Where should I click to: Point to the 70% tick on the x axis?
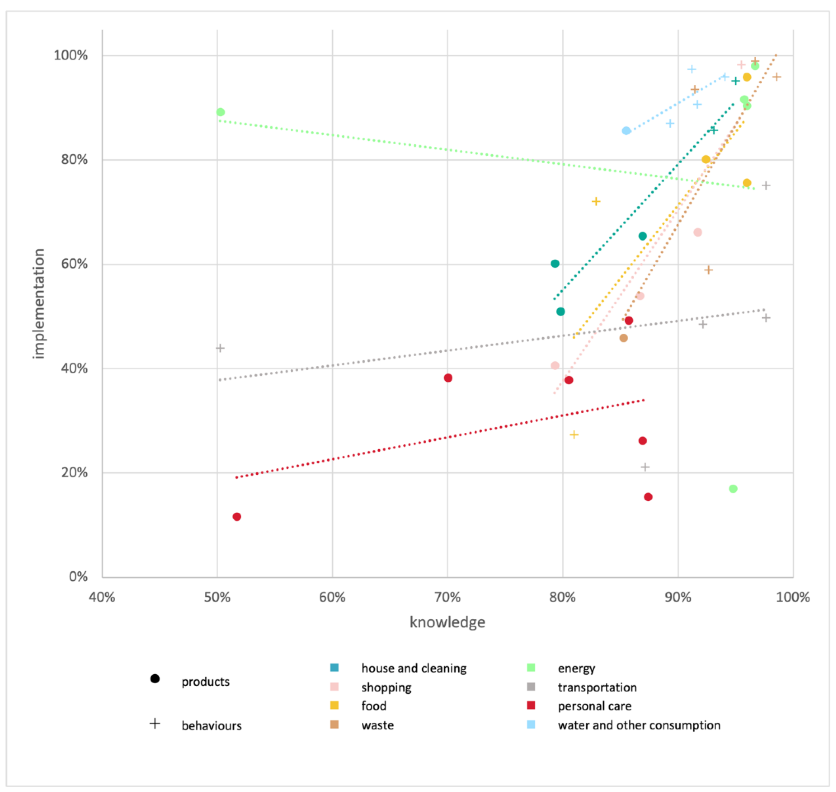click(447, 597)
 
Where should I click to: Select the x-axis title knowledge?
click(447, 622)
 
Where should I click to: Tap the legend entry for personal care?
click(594, 706)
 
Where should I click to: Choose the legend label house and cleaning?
click(414, 668)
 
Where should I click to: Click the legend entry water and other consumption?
click(639, 725)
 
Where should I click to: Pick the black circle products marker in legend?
click(155, 679)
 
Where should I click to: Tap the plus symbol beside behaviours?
click(155, 723)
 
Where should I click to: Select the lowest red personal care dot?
click(237, 517)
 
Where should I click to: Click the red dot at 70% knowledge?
click(448, 378)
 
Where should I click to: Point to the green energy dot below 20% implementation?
click(733, 489)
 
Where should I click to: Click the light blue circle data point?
click(626, 131)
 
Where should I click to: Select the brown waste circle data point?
click(624, 338)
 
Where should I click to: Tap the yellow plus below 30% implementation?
click(574, 435)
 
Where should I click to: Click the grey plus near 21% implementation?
click(645, 467)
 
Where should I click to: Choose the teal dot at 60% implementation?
click(555, 264)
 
